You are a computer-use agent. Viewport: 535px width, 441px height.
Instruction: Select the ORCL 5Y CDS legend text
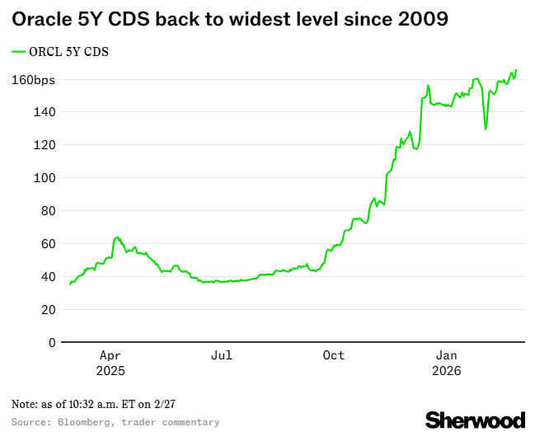coord(70,52)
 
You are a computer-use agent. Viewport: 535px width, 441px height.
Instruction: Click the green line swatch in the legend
coord(20,52)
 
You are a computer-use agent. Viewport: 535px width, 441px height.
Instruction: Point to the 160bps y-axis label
coord(33,80)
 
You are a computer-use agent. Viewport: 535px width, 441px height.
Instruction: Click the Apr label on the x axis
coord(110,355)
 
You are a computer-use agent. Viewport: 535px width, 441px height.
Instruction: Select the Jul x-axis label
coord(222,355)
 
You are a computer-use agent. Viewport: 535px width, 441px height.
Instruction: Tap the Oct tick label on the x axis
coord(334,355)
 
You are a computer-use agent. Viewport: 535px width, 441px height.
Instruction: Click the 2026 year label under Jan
coord(447,371)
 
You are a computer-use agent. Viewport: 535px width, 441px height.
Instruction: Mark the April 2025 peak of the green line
coord(117,237)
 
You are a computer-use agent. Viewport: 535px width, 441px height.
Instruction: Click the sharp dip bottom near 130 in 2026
coord(486,129)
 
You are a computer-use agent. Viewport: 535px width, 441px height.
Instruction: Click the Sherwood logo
coord(475,420)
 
